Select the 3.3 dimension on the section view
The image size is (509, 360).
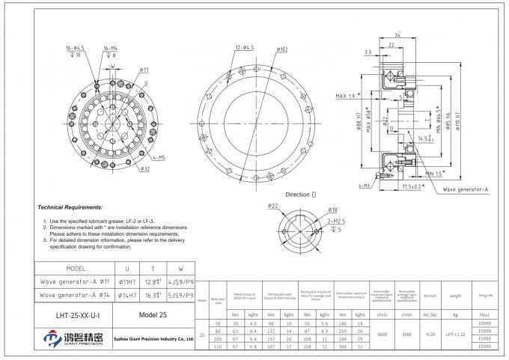(x=368, y=52)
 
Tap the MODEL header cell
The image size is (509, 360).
(x=76, y=268)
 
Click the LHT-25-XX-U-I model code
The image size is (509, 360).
(x=75, y=315)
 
